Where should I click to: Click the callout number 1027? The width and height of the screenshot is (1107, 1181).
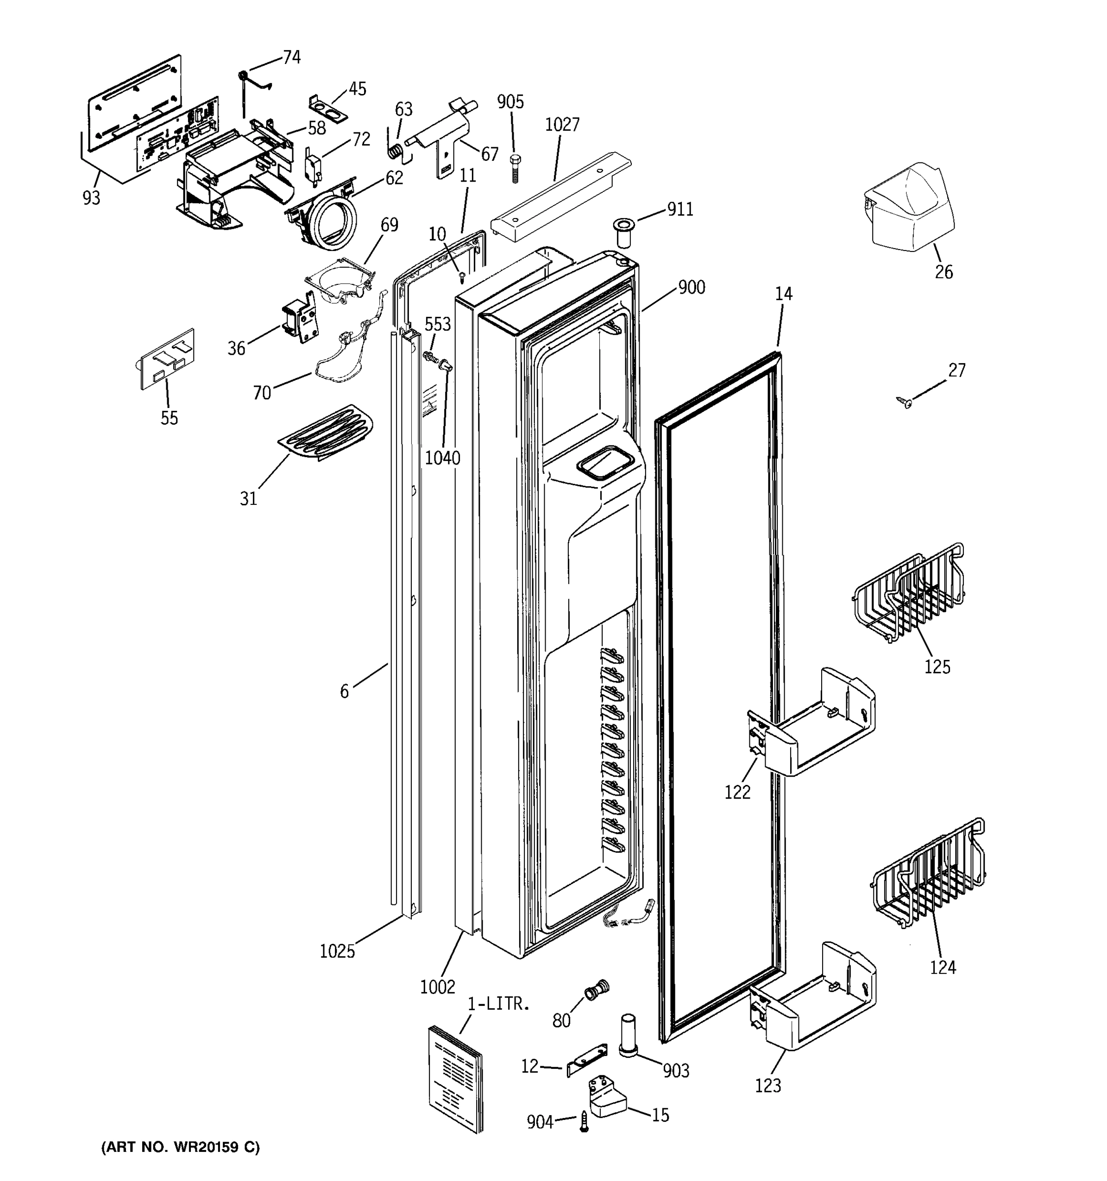pos(561,125)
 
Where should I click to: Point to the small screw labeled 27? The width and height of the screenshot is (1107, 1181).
pos(905,403)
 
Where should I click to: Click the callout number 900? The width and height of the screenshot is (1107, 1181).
pos(691,287)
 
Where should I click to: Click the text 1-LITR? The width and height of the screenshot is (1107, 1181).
pos(498,1004)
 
